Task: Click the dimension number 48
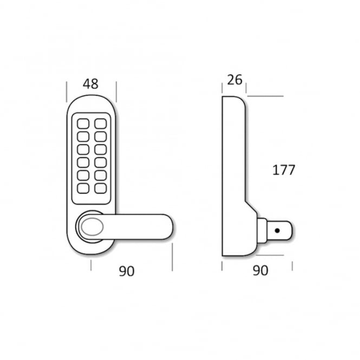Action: (x=90, y=84)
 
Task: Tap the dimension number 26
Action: (x=234, y=80)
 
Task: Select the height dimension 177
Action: (x=283, y=170)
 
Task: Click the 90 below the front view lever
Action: (x=127, y=271)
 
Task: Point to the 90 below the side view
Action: (x=260, y=271)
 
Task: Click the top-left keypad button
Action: (x=83, y=123)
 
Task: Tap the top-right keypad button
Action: (x=101, y=123)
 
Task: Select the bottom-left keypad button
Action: (x=83, y=188)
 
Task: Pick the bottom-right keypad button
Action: (x=101, y=188)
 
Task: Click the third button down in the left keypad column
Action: (x=83, y=150)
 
